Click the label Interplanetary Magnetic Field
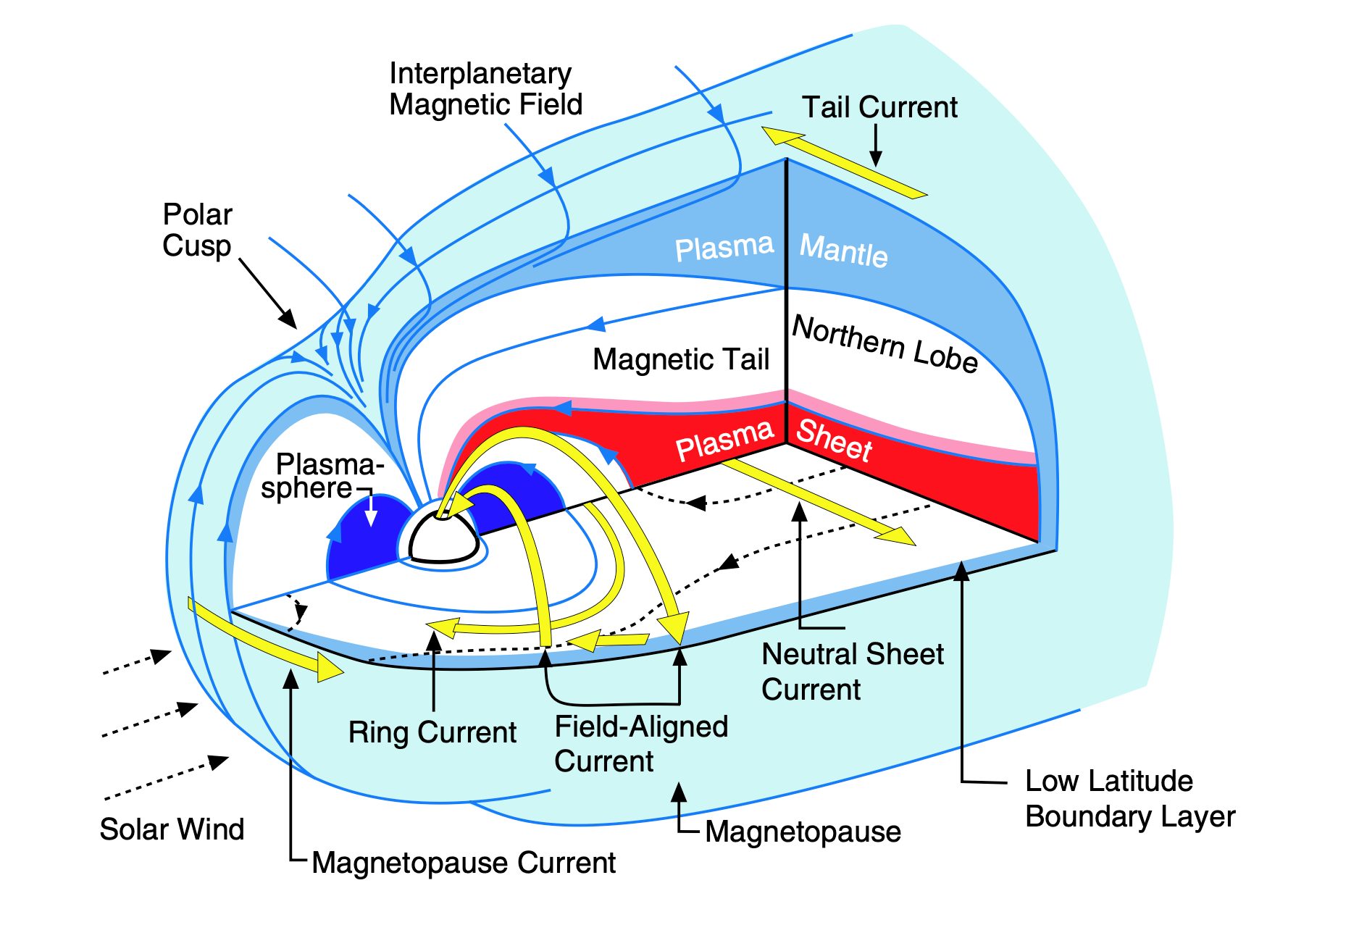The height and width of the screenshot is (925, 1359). [485, 89]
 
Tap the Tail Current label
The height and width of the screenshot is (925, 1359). [879, 107]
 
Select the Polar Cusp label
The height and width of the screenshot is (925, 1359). [196, 230]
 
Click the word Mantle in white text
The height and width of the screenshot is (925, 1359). [843, 251]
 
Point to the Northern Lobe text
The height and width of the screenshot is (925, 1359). [885, 344]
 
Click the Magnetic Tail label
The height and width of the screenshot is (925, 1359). [680, 359]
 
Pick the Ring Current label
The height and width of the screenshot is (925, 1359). [432, 732]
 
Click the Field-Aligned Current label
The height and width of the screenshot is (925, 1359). [640, 744]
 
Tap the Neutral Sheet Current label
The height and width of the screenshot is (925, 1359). [852, 671]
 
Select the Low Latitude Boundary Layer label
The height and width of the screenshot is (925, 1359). [1129, 798]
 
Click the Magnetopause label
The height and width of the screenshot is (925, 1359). [803, 832]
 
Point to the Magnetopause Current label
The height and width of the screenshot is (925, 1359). [464, 863]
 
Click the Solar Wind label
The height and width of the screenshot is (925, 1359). [172, 829]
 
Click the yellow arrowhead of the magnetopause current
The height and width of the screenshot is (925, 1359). [330, 666]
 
